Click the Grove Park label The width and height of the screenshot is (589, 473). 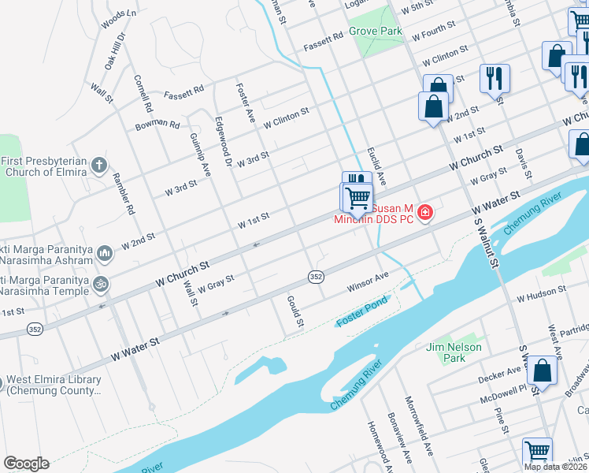pos(376,32)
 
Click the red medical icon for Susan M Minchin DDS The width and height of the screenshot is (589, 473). pos(425,212)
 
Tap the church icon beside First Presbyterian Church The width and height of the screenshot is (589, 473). pos(98,165)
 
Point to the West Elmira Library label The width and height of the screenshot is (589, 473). pos(52,385)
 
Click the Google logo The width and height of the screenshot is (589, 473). pos(26,464)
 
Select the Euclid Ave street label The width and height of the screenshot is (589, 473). pos(376,166)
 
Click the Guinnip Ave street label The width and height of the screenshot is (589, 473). pos(200,154)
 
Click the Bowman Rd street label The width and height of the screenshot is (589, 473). pos(157,124)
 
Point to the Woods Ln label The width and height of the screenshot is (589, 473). pos(119,18)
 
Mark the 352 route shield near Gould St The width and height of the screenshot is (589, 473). pos(316,276)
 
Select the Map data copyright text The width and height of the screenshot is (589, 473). pos(555,466)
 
